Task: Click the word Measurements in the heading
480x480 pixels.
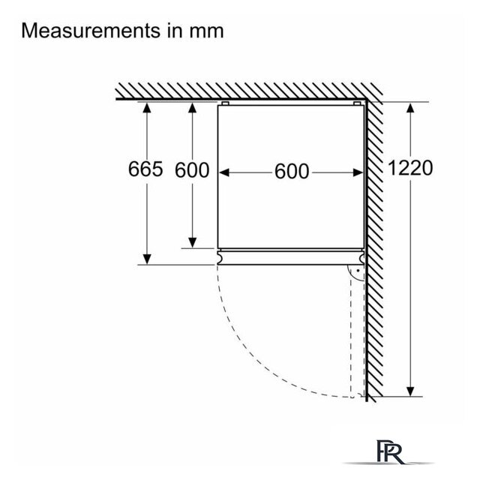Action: click(91, 31)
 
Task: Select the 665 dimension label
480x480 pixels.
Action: click(145, 169)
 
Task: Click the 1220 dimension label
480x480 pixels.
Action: click(410, 168)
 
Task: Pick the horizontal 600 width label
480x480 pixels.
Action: click(292, 172)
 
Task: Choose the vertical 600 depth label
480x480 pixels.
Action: click(192, 170)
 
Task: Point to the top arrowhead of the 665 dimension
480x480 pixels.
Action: click(147, 108)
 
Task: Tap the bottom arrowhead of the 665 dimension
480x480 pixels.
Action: click(147, 259)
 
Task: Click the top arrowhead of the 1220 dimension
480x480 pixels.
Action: click(410, 108)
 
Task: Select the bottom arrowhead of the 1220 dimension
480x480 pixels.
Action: click(410, 391)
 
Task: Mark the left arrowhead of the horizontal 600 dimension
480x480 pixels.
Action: click(224, 172)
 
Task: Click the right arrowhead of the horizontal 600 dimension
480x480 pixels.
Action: click(358, 172)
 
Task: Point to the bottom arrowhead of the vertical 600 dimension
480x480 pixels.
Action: click(192, 242)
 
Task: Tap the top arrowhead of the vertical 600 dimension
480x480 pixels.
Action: click(192, 108)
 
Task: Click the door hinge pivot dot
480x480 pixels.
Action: click(358, 271)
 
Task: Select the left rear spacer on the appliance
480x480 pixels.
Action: click(225, 103)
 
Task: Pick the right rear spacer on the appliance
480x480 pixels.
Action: click(357, 103)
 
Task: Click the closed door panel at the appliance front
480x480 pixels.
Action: click(291, 257)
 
